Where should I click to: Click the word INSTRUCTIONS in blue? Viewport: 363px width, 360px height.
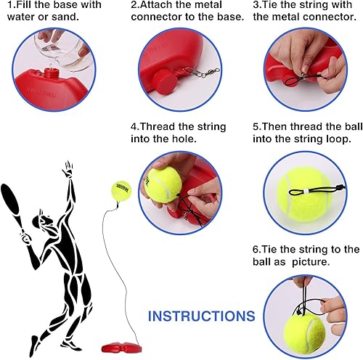[x=202, y=316]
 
